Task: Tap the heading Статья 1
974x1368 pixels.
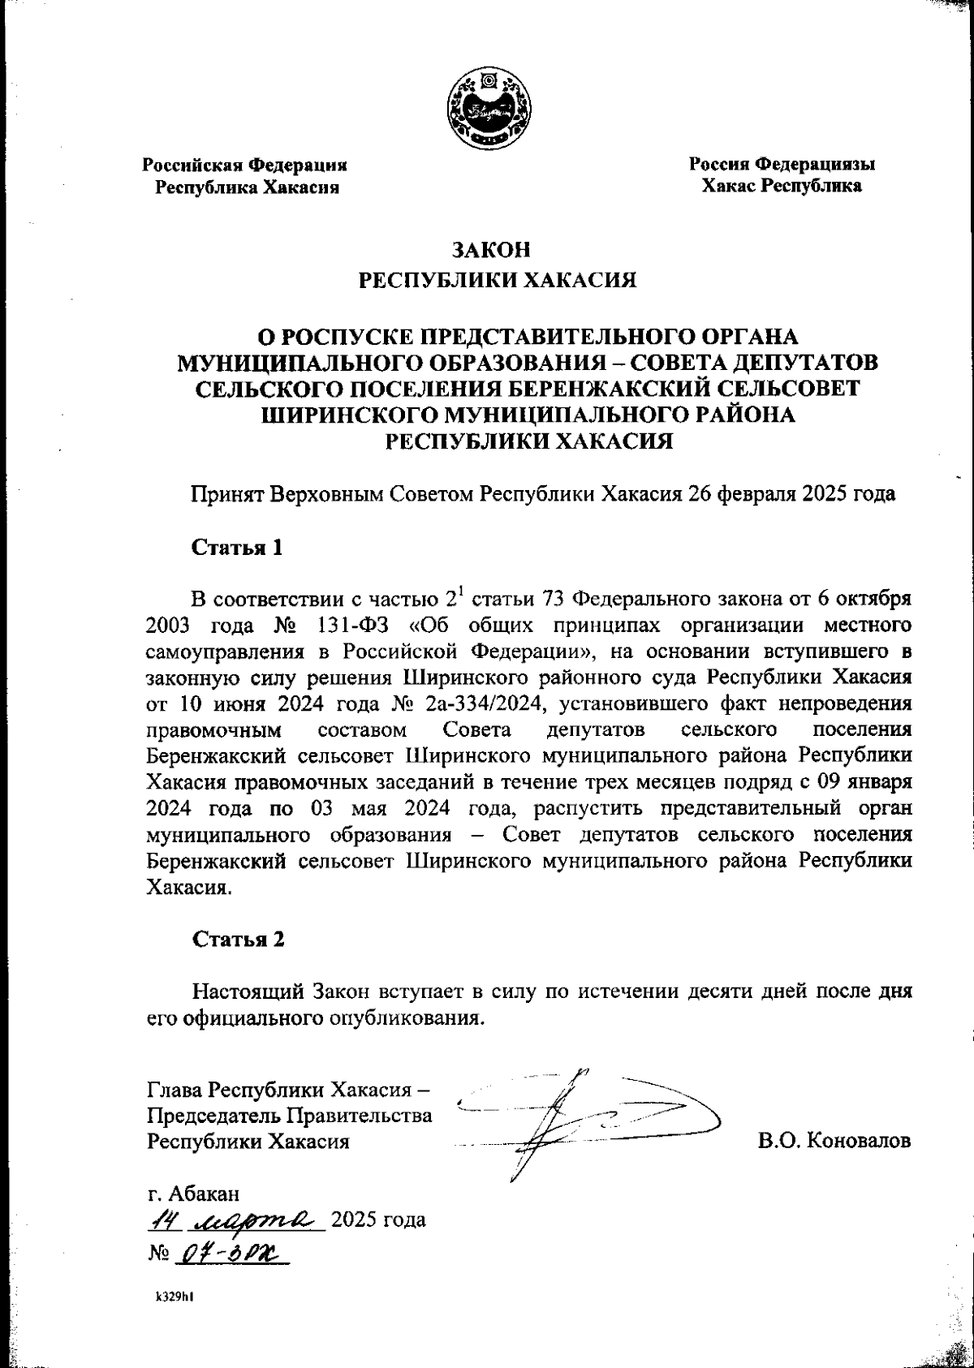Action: click(x=237, y=548)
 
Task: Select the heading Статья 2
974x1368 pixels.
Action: click(x=238, y=940)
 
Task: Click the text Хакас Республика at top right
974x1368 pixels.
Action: click(x=782, y=187)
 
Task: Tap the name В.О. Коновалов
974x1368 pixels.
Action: click(x=834, y=1141)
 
